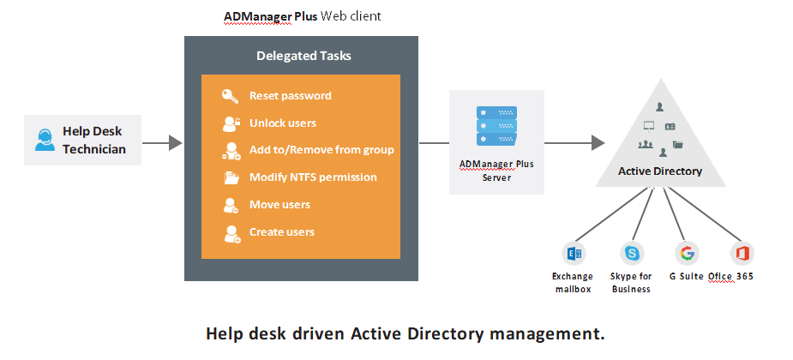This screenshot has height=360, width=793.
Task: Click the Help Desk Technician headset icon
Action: pos(45,140)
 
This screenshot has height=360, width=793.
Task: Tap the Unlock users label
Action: pos(282,123)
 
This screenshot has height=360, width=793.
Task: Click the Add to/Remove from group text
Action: pos(321,150)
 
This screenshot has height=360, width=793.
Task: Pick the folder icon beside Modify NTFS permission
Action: pos(231,177)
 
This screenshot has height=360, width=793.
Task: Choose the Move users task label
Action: pos(279,205)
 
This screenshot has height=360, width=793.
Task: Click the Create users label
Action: pos(281,232)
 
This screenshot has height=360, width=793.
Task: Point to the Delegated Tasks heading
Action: pos(303,57)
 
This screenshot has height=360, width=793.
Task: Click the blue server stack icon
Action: pos(497,125)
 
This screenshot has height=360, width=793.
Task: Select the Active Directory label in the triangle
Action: pos(660,171)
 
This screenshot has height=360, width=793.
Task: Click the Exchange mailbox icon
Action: pos(573,253)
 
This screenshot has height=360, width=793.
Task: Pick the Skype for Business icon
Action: pos(632,253)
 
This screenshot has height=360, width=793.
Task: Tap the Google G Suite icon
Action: pos(687,253)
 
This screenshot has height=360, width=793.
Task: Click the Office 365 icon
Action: pos(741,253)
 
